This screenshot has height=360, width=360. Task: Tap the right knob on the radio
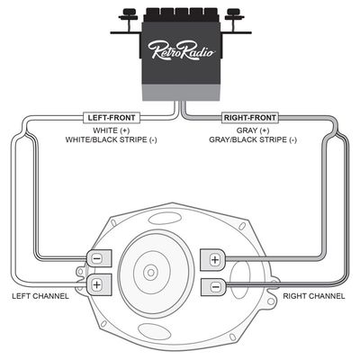tap(236, 14)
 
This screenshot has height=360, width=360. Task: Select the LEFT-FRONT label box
tap(109, 117)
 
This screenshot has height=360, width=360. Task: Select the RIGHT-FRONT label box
tap(250, 117)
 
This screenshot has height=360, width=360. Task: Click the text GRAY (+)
tap(251, 130)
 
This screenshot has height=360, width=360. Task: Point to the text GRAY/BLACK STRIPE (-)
tap(251, 141)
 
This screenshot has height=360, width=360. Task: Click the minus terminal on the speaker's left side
tap(96, 257)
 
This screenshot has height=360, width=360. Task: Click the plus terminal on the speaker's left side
tap(96, 284)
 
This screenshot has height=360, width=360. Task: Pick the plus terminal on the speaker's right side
tap(215, 259)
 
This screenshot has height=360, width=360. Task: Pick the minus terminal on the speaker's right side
tap(215, 286)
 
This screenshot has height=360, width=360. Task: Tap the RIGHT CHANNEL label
tap(314, 296)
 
